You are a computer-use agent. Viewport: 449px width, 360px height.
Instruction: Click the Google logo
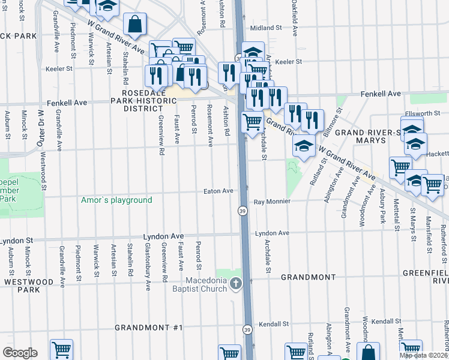coord(20,353)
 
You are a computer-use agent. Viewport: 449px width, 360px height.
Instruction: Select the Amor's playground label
coord(116,200)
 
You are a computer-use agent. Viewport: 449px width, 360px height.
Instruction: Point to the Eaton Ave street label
coord(218,191)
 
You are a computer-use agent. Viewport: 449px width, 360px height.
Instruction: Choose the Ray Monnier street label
coord(271,202)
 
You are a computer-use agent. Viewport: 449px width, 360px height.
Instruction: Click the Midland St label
coord(266,28)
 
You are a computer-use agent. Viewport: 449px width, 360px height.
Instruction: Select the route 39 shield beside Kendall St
coord(247,329)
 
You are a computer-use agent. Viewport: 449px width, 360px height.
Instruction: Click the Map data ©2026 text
coord(424,355)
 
